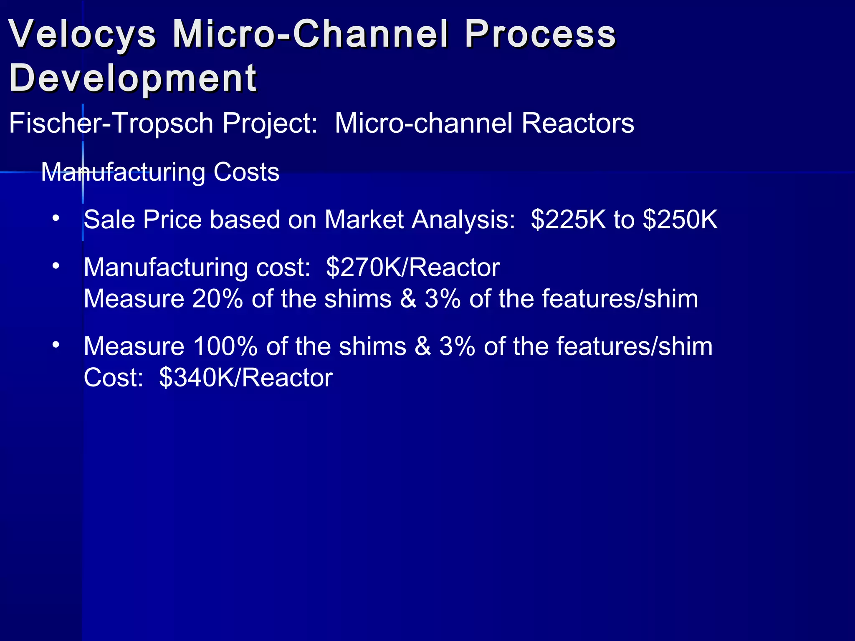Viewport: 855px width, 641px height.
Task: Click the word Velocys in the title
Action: (x=83, y=34)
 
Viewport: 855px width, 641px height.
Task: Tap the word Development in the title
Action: (x=133, y=78)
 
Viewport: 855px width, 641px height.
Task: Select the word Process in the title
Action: (x=540, y=34)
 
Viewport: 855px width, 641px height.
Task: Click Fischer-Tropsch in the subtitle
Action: (x=111, y=124)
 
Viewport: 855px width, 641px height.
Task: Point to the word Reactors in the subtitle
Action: (x=578, y=124)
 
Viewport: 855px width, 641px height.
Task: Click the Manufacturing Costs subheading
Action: (x=160, y=172)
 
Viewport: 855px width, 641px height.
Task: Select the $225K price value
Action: (x=568, y=220)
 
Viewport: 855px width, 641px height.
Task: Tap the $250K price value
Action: (x=680, y=220)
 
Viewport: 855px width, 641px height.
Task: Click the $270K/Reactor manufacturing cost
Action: (x=412, y=268)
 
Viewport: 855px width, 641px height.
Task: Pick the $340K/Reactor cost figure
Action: (x=246, y=378)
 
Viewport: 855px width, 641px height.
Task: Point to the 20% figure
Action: (x=218, y=299)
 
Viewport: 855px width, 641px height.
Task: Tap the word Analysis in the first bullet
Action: (x=463, y=220)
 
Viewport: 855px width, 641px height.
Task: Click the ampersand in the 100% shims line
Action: (x=422, y=347)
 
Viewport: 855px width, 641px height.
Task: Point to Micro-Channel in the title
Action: (x=311, y=34)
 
